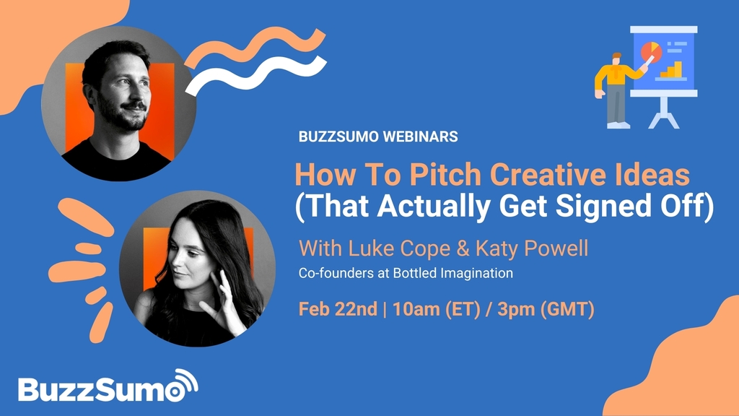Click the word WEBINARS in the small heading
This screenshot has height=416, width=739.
click(x=420, y=136)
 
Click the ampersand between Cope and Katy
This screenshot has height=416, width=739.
click(x=463, y=249)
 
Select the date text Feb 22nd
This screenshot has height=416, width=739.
click(x=338, y=309)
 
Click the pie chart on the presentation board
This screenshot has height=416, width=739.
click(x=652, y=51)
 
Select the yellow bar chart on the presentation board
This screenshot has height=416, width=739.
click(x=672, y=70)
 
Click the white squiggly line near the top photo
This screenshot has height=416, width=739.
click(x=256, y=75)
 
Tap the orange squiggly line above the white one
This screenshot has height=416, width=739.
click(x=255, y=47)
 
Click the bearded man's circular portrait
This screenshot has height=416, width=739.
click(x=118, y=104)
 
